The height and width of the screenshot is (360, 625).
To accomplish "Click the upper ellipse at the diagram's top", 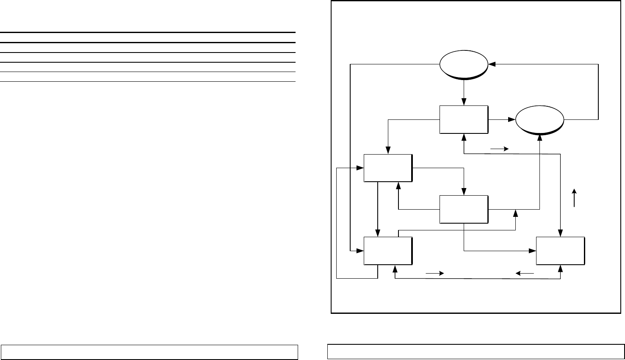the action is coord(464,65).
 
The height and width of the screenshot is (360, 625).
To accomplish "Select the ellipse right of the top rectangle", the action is coord(539,119).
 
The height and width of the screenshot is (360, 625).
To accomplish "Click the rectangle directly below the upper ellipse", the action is coord(464,119).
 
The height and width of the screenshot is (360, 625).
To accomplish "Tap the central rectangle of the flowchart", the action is coord(464,209).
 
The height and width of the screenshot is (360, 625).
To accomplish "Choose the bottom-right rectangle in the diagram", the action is coord(560,251).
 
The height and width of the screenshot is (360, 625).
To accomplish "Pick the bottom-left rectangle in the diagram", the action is coord(388,251).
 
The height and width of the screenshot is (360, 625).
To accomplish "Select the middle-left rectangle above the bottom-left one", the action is coord(388,168).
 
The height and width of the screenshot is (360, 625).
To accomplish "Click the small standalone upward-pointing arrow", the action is coord(574,198).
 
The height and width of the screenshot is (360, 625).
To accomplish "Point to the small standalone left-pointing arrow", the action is coord(525,274).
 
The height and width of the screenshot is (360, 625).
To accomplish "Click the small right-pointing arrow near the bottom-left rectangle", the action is coord(434,274).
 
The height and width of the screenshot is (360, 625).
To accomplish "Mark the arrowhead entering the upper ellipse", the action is coord(492,65).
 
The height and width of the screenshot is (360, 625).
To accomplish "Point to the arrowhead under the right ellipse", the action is coord(540,136).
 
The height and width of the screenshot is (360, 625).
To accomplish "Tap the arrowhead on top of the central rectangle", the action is coord(464,192).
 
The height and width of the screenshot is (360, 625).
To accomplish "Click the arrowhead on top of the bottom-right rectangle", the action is coord(561,234).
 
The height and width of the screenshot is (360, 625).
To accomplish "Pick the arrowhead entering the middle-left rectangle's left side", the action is coord(361,168).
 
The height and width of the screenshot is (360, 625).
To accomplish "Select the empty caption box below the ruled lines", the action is coord(149,352).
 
